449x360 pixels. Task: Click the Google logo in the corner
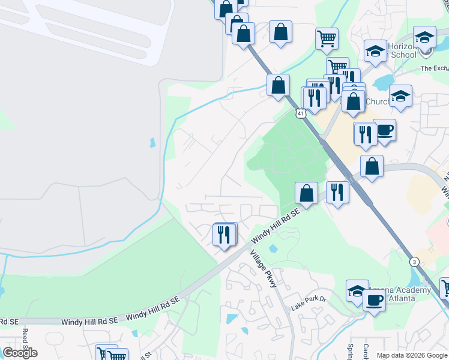[20, 353]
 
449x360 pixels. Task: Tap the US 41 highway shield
[300, 113]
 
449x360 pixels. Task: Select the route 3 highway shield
[414, 262]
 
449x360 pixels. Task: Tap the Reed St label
[26, 340]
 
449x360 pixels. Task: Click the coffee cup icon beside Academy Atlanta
[374, 300]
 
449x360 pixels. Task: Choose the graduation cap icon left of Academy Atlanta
[357, 290]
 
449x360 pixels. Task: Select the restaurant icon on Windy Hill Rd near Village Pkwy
[224, 234]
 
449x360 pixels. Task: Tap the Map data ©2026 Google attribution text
[412, 355]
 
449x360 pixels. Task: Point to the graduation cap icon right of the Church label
[400, 96]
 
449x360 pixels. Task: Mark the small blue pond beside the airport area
[152, 143]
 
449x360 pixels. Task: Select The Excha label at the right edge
[434, 68]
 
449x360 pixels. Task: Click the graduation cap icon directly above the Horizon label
[424, 37]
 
